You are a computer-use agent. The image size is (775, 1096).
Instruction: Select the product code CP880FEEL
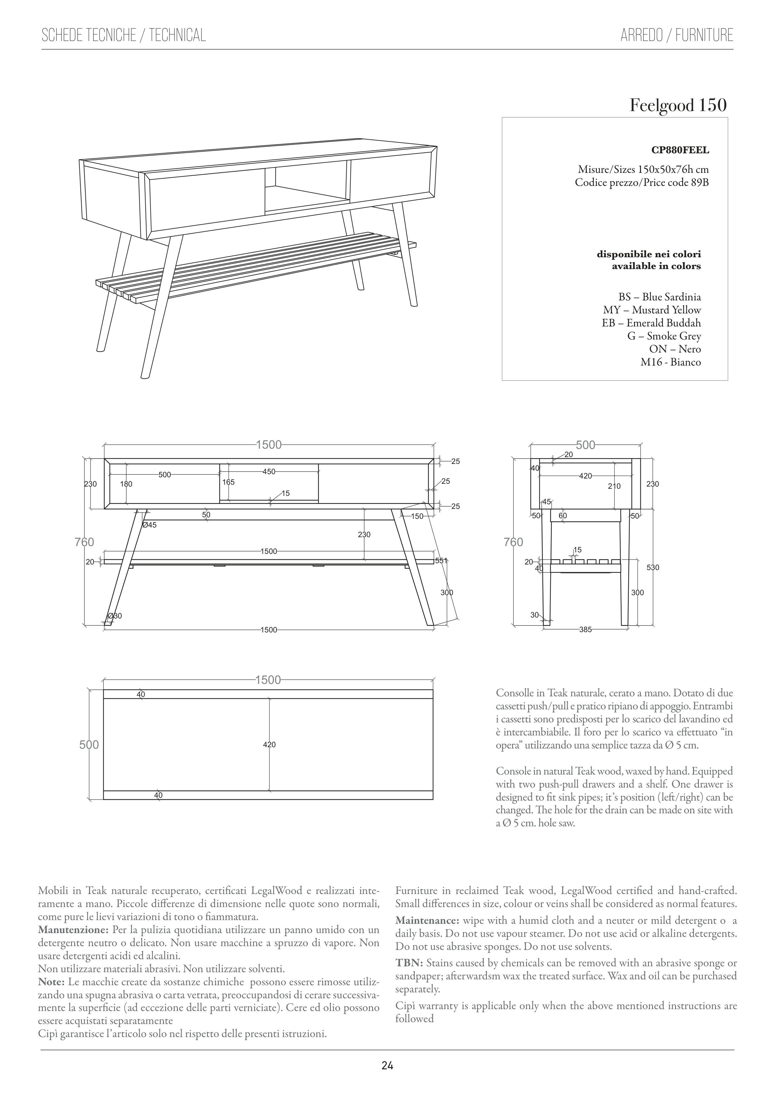click(680, 150)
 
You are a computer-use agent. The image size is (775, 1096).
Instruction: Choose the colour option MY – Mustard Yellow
click(652, 310)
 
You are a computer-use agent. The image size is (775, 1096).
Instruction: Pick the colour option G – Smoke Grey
click(664, 336)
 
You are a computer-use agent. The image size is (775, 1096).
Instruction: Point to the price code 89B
click(700, 182)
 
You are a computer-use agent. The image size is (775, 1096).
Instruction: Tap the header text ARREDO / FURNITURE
click(677, 35)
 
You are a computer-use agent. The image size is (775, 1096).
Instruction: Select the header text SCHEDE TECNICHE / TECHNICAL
click(124, 35)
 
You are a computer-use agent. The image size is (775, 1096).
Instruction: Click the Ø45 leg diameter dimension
click(150, 525)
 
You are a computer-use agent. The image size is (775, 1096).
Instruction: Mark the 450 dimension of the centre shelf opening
click(269, 472)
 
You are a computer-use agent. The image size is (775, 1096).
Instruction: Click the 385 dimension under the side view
click(585, 630)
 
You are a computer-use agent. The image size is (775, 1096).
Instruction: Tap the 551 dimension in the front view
click(441, 561)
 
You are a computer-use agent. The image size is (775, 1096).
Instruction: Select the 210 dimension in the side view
click(614, 486)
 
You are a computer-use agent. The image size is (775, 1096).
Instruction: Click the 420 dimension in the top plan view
click(269, 745)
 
